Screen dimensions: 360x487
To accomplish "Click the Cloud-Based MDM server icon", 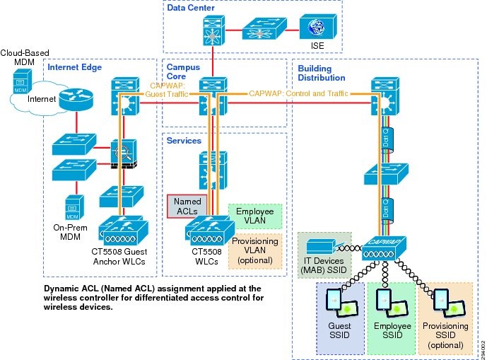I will point(20,86).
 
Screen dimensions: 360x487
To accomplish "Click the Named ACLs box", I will point(187,205).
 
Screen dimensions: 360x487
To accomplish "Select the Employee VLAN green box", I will point(254,216).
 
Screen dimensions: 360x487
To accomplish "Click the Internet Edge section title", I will point(75,67).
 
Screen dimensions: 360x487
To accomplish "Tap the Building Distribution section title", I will point(319,72).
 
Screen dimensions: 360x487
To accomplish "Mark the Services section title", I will point(184,141).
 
